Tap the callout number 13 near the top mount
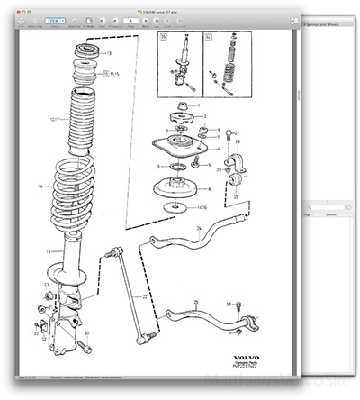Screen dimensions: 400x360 (x=110, y=53)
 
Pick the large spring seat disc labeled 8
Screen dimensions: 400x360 (x=184, y=191)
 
